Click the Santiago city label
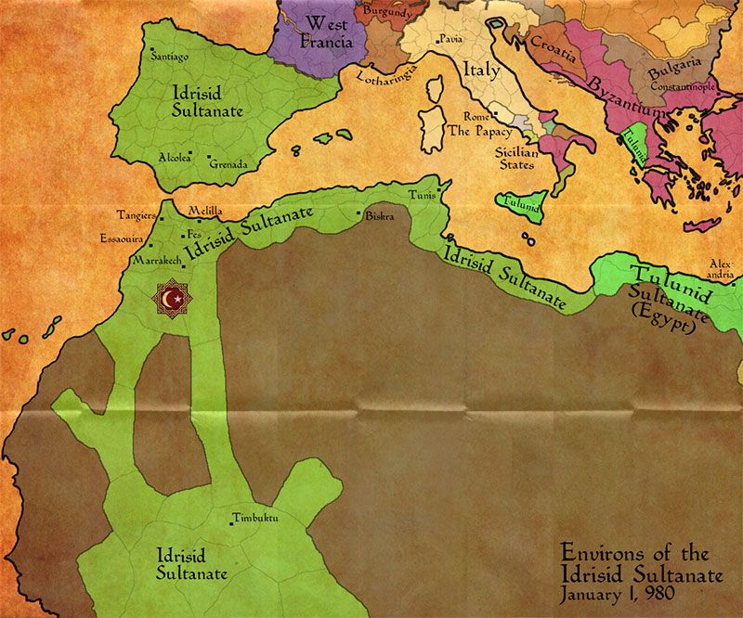pos(170,57)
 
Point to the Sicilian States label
pos(515,157)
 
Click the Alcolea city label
pos(175,157)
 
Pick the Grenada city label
pos(228,164)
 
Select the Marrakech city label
pos(155,263)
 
